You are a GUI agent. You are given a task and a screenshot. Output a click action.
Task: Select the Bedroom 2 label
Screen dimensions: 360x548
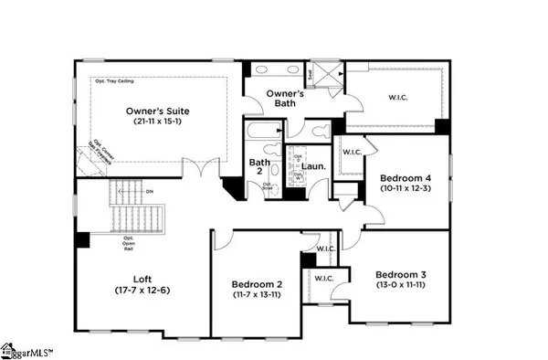click(x=257, y=284)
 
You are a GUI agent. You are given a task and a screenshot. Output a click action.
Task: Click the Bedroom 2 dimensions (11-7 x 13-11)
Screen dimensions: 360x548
click(x=257, y=296)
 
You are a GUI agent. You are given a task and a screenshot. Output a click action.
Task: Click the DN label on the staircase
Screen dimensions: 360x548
click(x=148, y=192)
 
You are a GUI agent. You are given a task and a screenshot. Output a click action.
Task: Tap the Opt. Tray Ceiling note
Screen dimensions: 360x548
click(x=116, y=80)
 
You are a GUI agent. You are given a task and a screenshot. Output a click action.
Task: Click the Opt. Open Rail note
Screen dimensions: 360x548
click(x=129, y=241)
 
